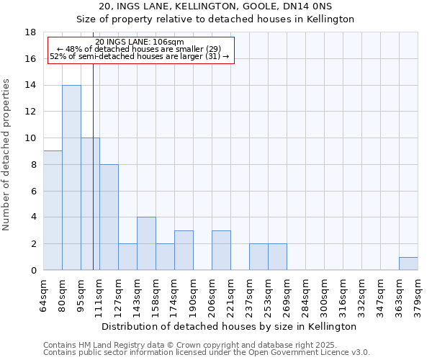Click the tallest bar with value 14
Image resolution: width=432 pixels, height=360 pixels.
tap(71, 178)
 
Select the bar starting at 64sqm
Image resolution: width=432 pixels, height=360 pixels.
tap(53, 210)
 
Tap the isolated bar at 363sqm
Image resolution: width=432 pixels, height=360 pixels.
tap(408, 264)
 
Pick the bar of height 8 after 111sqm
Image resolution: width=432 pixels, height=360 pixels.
tap(109, 217)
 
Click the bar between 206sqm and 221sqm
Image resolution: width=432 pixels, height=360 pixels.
tap(221, 251)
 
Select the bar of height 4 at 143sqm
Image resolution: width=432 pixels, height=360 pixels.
tap(146, 243)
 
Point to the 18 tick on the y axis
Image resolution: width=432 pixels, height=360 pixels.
tap(32, 32)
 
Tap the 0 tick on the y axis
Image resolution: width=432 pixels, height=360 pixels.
tap(34, 271)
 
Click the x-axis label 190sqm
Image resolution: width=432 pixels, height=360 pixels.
tap(194, 296)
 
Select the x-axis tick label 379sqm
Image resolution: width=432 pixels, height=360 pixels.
tap(418, 296)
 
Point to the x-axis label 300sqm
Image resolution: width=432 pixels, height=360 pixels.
tap(325, 296)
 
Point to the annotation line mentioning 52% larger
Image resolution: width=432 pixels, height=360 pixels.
tap(140, 56)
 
